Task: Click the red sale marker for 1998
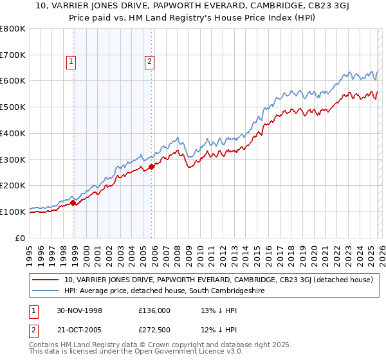coord(73,203)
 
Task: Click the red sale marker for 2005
coord(152,166)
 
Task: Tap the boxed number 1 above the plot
coord(71,62)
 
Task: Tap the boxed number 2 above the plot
coord(149,62)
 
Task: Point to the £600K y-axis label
coord(13,81)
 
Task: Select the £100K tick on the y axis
coord(13,212)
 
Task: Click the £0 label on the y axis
coord(21,238)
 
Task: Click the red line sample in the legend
coord(46,280)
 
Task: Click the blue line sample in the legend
coord(46,291)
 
